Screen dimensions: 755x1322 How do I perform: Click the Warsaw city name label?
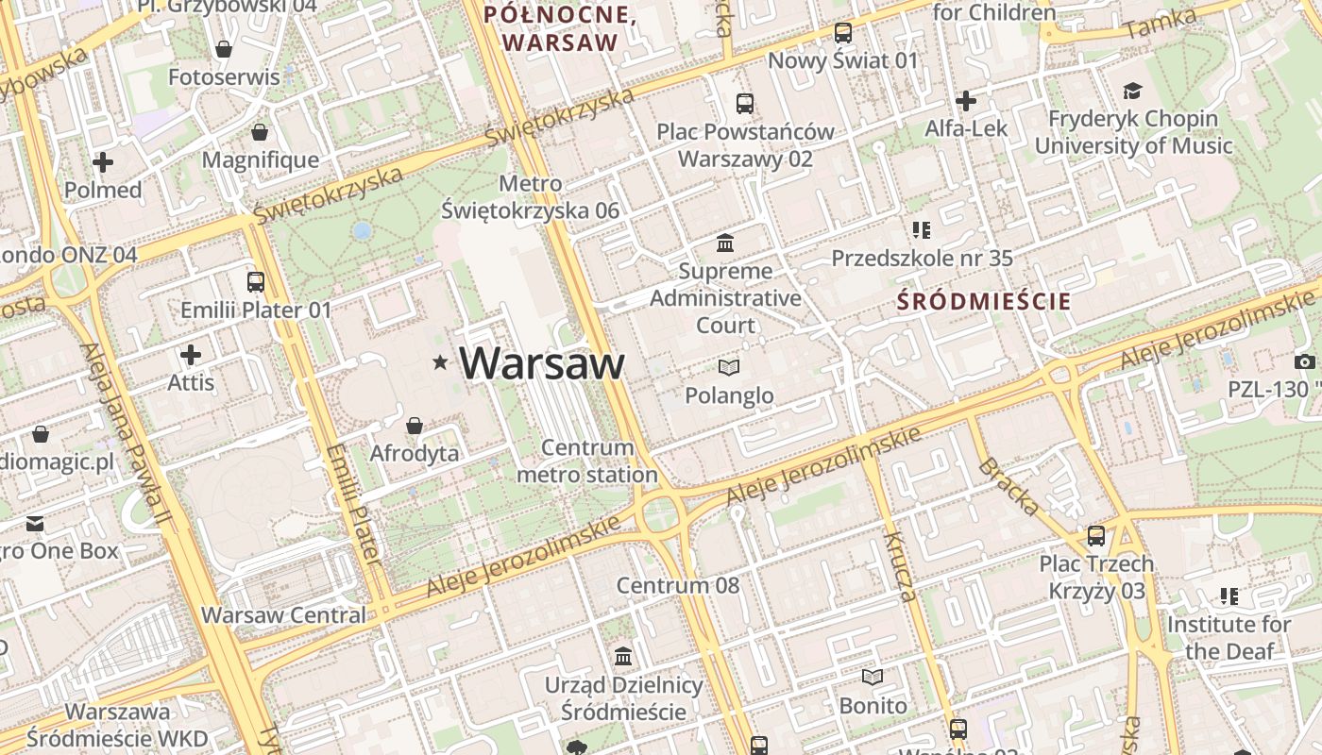[x=542, y=363]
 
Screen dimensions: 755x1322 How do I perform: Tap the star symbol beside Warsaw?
[x=440, y=362]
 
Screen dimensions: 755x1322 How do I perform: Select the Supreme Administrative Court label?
[x=725, y=298]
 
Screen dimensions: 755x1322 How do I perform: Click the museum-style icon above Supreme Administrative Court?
[x=725, y=243]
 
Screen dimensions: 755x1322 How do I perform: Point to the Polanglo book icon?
[x=729, y=367]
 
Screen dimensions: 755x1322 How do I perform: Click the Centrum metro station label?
[x=586, y=461]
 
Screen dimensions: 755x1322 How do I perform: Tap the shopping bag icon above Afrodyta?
[x=414, y=426]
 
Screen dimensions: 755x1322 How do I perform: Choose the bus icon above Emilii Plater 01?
[x=255, y=281]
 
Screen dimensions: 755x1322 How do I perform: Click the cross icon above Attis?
[x=191, y=355]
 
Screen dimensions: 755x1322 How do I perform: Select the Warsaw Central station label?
[x=283, y=615]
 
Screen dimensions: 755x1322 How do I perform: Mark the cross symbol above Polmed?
[x=103, y=162]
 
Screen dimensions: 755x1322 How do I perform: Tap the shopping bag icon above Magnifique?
[x=260, y=132]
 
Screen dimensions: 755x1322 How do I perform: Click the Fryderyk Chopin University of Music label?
[x=1133, y=132]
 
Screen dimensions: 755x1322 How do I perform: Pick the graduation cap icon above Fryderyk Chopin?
[x=1132, y=91]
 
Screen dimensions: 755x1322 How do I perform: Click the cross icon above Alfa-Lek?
[x=966, y=100]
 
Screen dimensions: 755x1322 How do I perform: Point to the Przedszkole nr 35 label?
[x=922, y=258]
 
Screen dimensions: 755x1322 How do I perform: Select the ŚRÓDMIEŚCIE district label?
[x=984, y=302]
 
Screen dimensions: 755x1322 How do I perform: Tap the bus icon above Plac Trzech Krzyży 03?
[x=1096, y=536]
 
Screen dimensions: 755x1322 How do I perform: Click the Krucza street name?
[x=900, y=566]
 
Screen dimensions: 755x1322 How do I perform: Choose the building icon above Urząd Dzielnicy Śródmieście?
[x=623, y=656]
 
